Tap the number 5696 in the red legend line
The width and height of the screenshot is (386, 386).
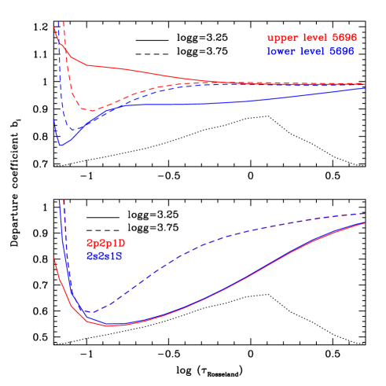point(344,38)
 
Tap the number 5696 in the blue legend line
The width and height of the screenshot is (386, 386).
point(342,50)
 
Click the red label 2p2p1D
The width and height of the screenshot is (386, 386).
point(105,244)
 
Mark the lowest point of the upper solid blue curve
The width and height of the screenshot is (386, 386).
point(61,145)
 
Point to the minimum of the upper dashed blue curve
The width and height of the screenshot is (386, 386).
point(73,129)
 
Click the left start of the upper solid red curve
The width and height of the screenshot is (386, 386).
point(54,28)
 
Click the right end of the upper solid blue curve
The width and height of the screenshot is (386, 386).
point(366,88)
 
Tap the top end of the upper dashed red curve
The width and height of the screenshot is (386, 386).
point(64,21)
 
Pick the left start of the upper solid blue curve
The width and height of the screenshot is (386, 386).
point(54,119)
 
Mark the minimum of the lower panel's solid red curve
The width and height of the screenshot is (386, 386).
point(112,325)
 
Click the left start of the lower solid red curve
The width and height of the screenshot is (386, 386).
point(54,257)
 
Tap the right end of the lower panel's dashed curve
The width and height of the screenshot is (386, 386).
point(366,213)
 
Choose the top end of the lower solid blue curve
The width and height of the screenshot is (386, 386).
point(61,200)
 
